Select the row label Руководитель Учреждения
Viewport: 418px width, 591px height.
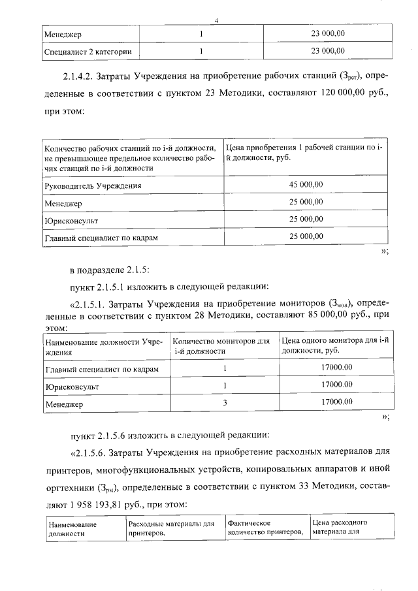tap(93, 185)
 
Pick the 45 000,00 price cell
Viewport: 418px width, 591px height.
tap(306, 185)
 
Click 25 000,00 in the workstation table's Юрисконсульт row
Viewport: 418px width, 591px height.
tap(306, 219)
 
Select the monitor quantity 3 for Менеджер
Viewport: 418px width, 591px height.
tap(224, 403)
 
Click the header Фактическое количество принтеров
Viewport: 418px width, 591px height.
tap(266, 528)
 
